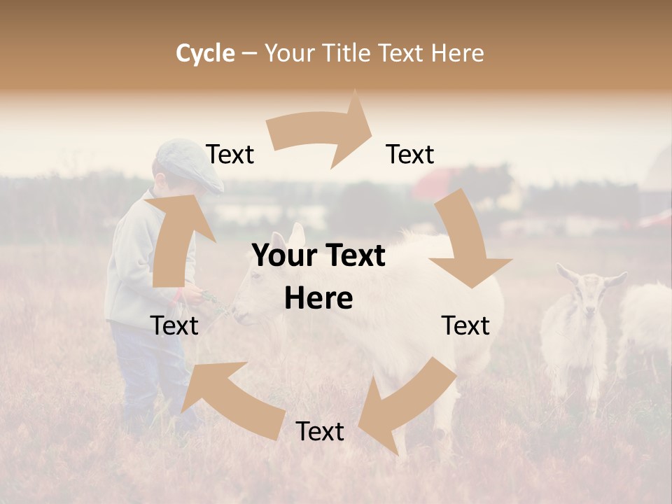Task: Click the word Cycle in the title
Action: click(x=205, y=53)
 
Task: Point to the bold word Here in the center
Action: click(x=318, y=299)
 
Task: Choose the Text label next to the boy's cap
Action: click(x=230, y=155)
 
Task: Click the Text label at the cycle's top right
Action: click(x=410, y=155)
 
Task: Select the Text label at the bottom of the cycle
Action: click(x=320, y=432)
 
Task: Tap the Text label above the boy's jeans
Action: click(x=174, y=325)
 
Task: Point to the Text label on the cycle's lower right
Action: click(x=465, y=325)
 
